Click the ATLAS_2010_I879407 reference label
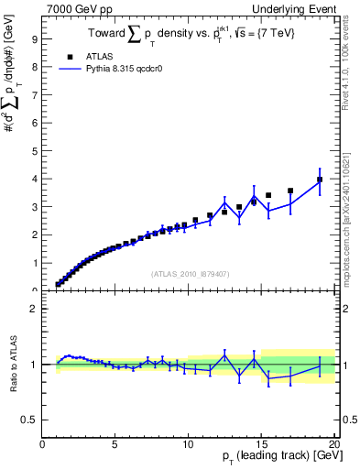point(189,273)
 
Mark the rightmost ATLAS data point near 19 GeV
point(319,180)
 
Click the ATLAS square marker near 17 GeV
point(290,191)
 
